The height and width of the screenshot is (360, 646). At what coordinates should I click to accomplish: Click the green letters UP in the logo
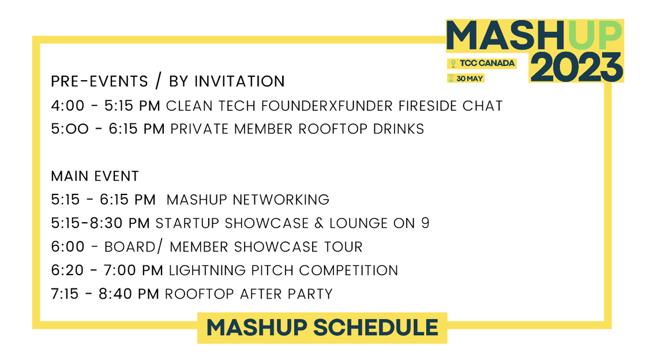(595, 36)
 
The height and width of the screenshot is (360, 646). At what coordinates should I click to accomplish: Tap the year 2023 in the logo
(577, 67)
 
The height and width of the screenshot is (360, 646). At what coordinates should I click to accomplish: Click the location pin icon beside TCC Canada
(453, 63)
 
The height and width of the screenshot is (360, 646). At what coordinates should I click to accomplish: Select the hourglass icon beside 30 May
(451, 78)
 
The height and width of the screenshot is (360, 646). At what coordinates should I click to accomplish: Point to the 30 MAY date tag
(466, 78)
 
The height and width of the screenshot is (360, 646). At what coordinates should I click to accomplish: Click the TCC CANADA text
(487, 63)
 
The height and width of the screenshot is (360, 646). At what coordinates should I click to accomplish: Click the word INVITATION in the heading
(239, 81)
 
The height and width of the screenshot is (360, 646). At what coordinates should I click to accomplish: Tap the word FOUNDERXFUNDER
(326, 106)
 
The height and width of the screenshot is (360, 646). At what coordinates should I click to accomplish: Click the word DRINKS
(399, 129)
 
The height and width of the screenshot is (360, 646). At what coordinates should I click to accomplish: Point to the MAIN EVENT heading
(95, 177)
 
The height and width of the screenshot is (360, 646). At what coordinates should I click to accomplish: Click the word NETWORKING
(281, 200)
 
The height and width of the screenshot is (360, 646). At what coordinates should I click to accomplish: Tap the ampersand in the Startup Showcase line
(319, 223)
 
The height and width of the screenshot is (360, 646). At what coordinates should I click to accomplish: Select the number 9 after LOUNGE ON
(425, 223)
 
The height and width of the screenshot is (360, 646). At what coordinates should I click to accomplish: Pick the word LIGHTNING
(208, 271)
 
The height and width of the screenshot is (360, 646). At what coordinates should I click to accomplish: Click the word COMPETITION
(348, 271)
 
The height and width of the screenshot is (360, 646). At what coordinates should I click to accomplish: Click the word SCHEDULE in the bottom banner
(375, 328)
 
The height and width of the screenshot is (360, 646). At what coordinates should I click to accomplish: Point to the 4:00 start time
(67, 106)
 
